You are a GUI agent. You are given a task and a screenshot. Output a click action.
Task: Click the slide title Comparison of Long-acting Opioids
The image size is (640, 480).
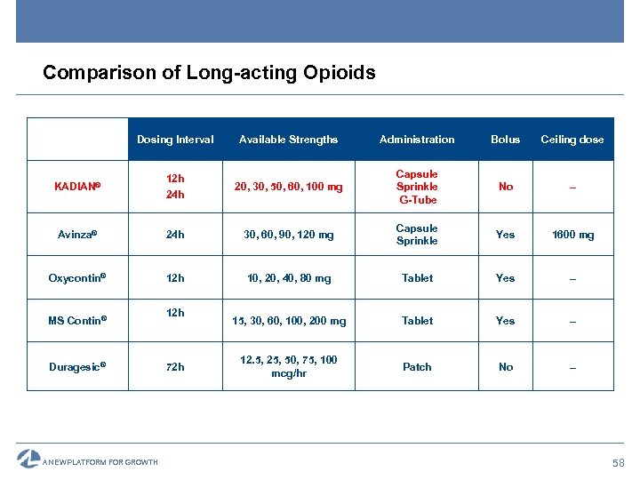(x=209, y=72)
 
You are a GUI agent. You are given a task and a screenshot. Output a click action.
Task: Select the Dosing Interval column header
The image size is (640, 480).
(x=175, y=140)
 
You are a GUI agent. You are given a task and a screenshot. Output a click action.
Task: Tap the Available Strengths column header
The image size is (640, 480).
(x=289, y=140)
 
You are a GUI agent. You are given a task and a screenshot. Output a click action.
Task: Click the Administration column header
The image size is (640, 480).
(x=417, y=140)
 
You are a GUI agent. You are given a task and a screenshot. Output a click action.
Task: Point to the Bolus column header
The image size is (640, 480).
(x=506, y=140)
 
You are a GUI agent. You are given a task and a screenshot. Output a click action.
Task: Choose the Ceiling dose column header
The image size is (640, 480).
(x=572, y=140)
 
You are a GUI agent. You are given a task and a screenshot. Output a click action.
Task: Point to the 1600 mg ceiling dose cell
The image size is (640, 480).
(x=572, y=235)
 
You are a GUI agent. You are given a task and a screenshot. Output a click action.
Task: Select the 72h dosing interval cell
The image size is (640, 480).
(x=175, y=366)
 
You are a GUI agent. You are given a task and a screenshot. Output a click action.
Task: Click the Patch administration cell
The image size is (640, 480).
(x=417, y=366)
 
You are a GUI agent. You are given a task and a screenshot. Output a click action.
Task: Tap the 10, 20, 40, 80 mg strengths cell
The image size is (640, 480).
(x=289, y=278)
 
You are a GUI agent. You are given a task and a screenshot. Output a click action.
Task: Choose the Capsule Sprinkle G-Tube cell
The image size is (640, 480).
(x=417, y=187)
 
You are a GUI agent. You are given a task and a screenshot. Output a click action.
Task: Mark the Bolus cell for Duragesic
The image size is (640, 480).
(x=506, y=366)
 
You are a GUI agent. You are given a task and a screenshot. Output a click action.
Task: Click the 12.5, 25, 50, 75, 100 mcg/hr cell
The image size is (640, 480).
(x=289, y=366)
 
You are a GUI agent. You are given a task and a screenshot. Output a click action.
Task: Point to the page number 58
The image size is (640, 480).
(x=618, y=463)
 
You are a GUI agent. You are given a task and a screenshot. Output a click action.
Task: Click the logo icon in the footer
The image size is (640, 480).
(x=28, y=459)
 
